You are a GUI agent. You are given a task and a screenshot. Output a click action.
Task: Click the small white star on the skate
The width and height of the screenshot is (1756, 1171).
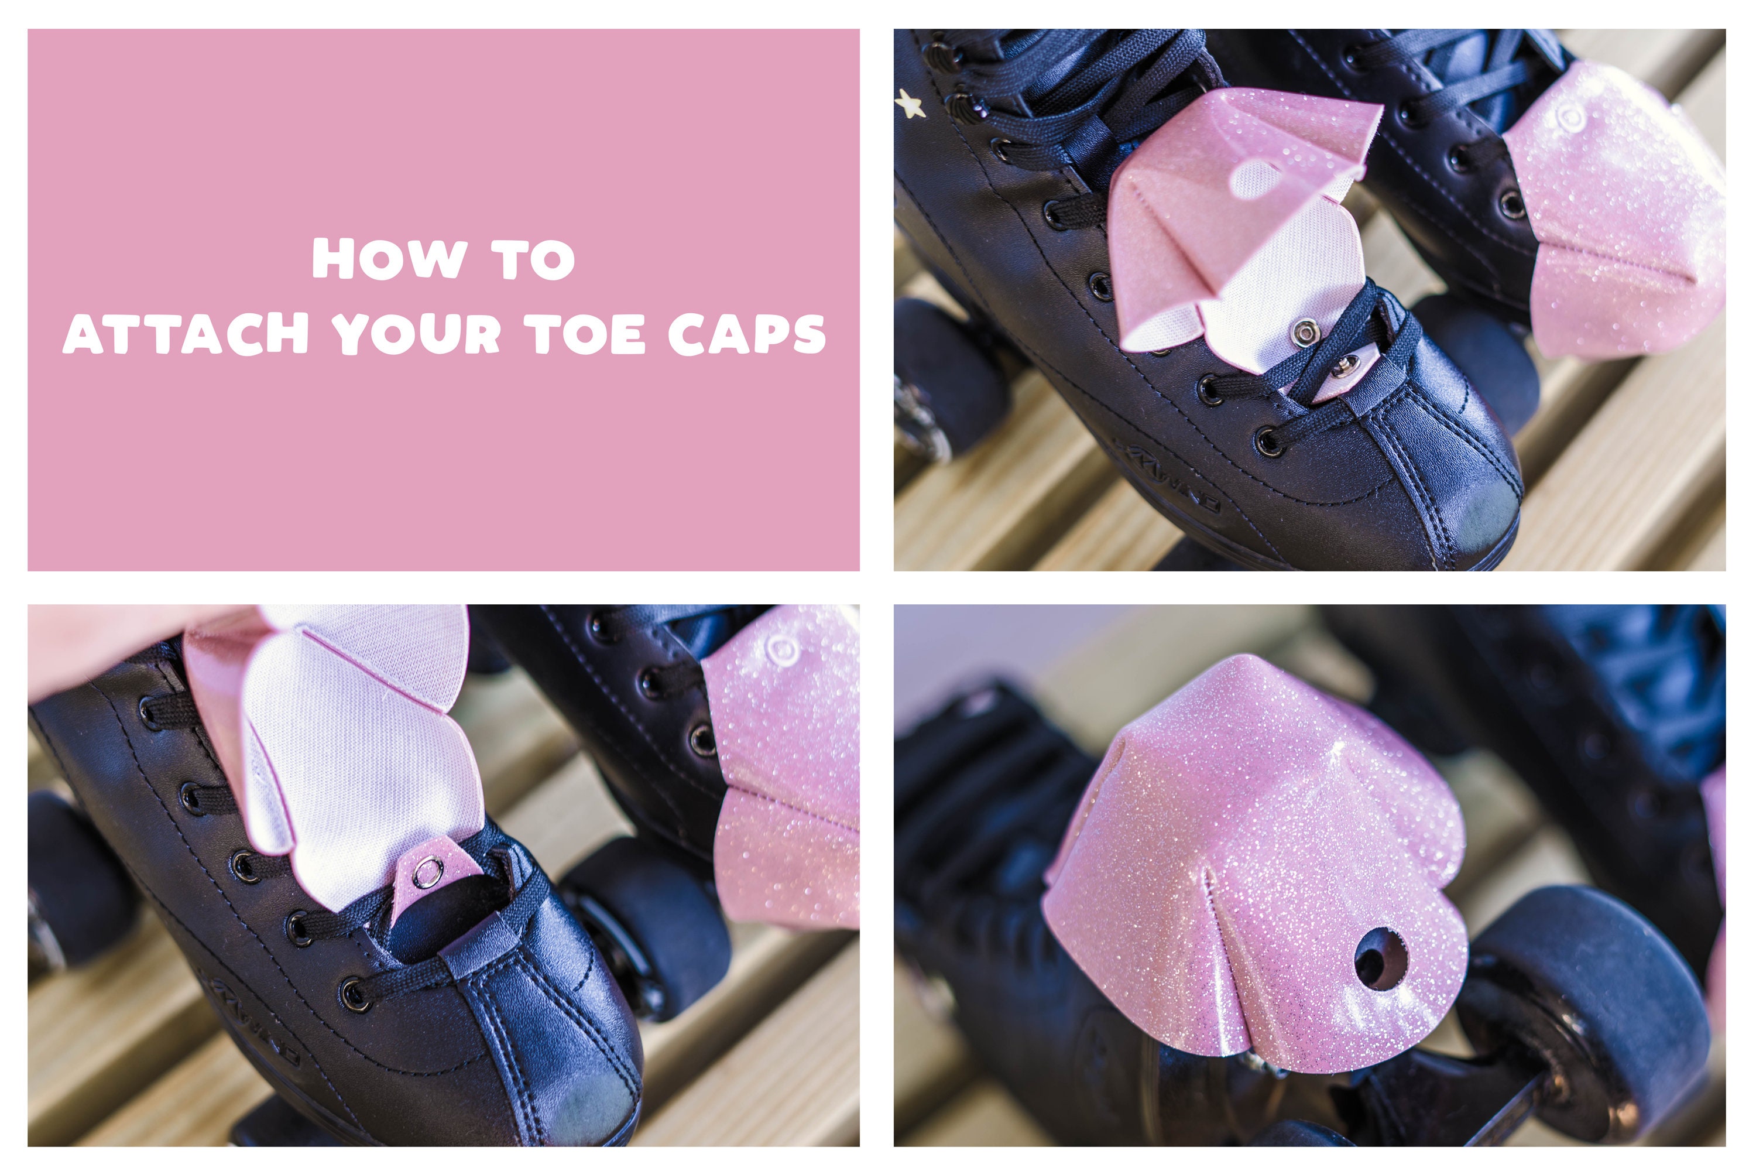(908, 104)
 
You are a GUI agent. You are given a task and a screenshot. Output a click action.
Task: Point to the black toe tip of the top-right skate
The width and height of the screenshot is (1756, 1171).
(1482, 523)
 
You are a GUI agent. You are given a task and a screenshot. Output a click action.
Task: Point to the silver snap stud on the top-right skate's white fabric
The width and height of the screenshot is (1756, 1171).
(1306, 331)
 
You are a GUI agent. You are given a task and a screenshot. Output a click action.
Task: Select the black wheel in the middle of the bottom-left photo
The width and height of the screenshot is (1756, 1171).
(650, 926)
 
